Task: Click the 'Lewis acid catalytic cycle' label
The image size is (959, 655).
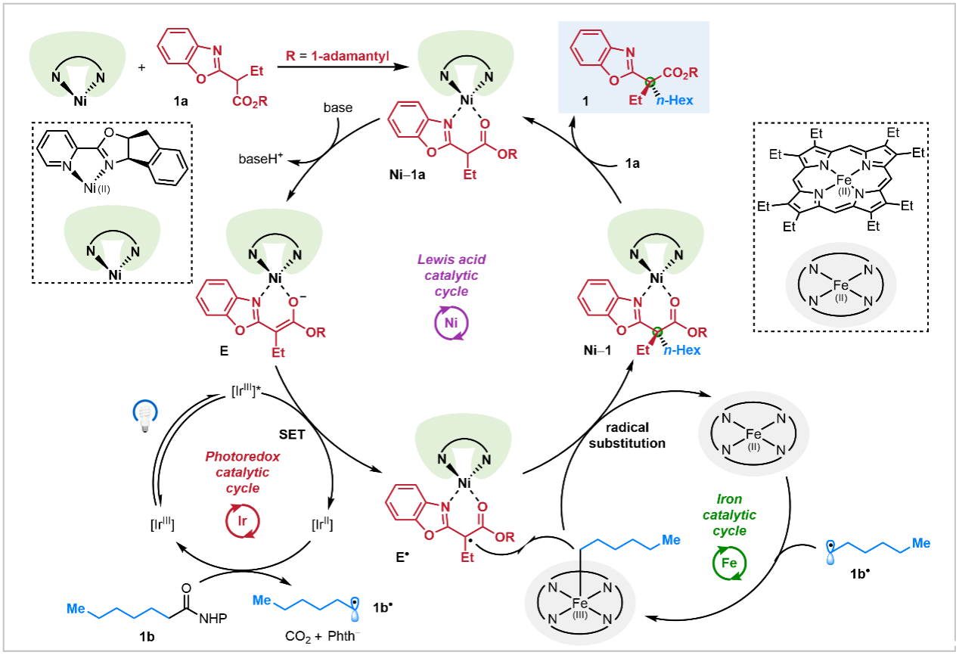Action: (x=452, y=276)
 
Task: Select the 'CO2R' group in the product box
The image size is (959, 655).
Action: (x=679, y=73)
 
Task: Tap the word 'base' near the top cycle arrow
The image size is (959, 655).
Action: (x=336, y=107)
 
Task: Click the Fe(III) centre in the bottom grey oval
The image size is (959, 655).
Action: (x=580, y=604)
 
